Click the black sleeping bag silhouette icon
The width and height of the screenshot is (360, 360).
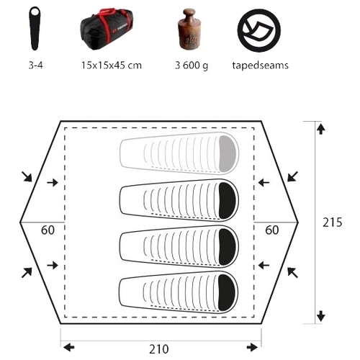tap(35, 28)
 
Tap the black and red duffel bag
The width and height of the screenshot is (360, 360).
tap(107, 29)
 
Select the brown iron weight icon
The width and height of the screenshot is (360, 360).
tap(190, 30)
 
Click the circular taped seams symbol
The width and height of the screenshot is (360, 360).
tap(259, 30)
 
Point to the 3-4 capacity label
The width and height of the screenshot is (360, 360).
tap(35, 66)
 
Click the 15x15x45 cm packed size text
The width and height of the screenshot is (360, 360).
tap(112, 66)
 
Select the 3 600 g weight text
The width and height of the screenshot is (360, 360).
tap(192, 66)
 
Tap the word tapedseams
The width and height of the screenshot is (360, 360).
tap(260, 66)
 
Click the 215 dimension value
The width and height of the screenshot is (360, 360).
tap(332, 222)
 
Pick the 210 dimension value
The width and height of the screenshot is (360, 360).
tap(159, 349)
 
